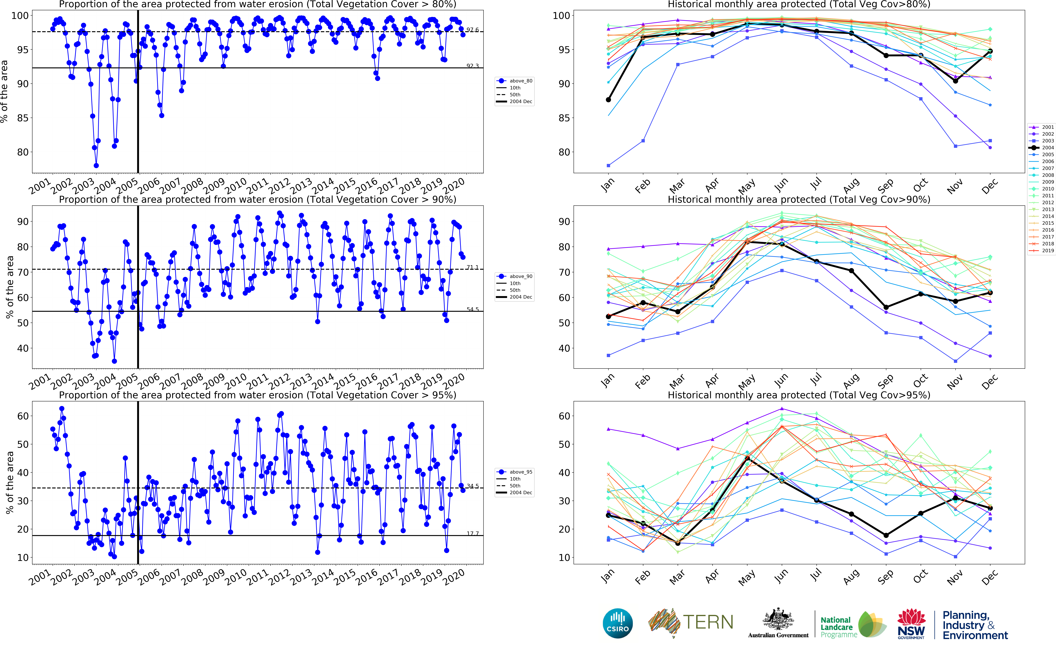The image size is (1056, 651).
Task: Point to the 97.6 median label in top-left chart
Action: pos(472,30)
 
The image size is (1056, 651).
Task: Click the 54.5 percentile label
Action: pos(472,309)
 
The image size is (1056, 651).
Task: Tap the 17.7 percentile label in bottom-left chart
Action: pos(472,533)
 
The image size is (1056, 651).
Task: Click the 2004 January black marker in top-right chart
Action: pos(608,100)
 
